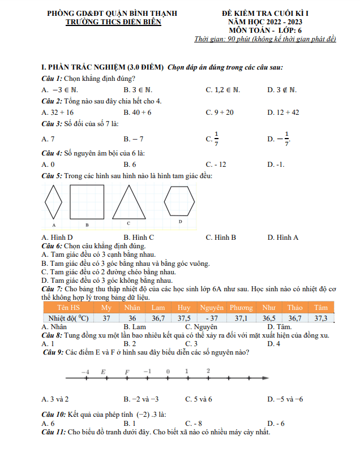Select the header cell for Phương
point(241,308)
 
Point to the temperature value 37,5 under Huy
point(184,318)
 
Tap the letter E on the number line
point(103,372)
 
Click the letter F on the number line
point(127,372)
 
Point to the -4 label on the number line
point(85,372)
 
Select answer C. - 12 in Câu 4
point(216,165)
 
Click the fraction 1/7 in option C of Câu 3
point(216,139)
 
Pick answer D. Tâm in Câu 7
point(279,327)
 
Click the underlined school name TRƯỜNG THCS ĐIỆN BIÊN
point(113,21)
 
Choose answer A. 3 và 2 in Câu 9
point(55,399)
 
